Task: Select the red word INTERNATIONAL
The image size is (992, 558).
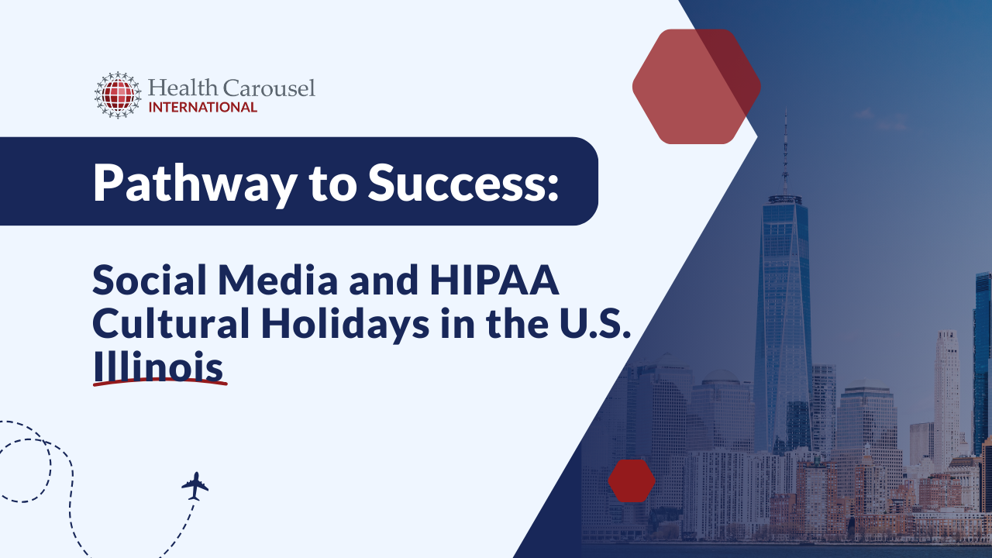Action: click(202, 107)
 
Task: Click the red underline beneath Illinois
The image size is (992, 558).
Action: click(160, 383)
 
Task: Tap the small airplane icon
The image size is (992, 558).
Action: click(195, 486)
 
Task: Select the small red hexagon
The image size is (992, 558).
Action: click(632, 480)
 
